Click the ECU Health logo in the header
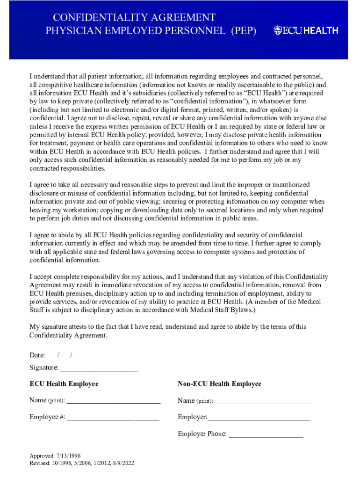(x=306, y=30)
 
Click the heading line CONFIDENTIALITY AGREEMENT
(x=134, y=18)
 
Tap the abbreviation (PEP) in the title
(x=243, y=31)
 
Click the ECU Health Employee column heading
(x=64, y=384)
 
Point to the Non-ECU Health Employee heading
(x=219, y=384)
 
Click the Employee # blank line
(x=113, y=417)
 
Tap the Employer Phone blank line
(x=266, y=434)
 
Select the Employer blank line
(x=259, y=417)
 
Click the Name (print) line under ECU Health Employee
(x=114, y=400)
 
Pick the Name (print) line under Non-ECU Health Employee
(x=262, y=401)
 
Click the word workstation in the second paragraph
(x=72, y=210)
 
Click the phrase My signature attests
(x=57, y=327)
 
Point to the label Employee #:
(x=47, y=417)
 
